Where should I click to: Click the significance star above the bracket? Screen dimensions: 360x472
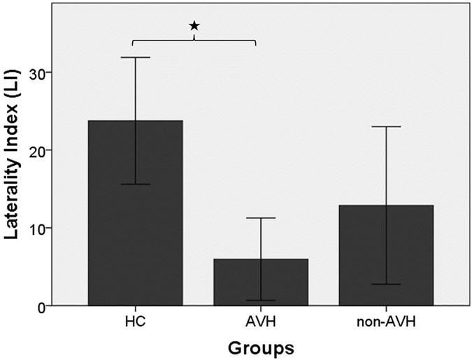tap(194, 26)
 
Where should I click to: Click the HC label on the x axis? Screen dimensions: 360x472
tap(135, 322)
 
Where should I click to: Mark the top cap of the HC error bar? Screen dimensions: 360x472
tap(135, 57)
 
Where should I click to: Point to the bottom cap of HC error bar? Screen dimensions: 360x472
tap(135, 184)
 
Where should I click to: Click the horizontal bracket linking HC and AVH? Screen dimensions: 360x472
tap(161, 40)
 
